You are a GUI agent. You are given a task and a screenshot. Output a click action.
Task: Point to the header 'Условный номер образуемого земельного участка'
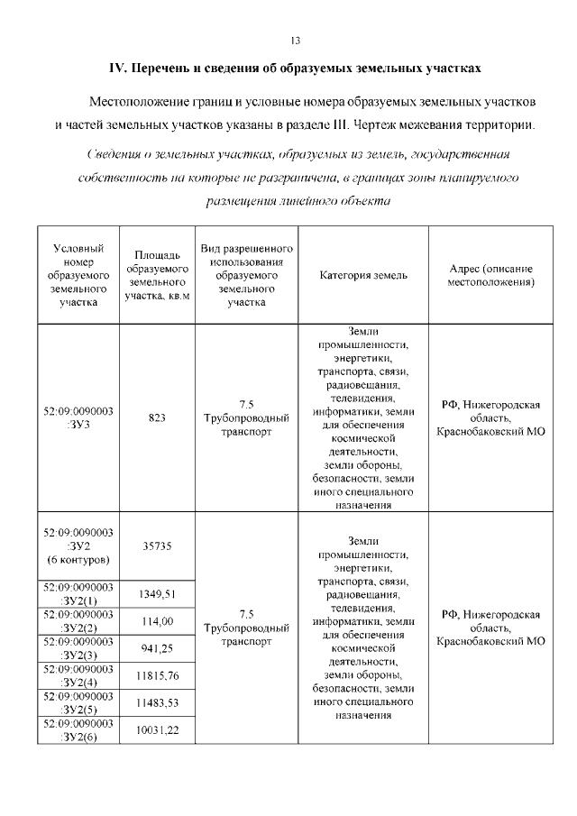click(x=78, y=275)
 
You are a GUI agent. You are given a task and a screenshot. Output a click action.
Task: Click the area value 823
click(x=157, y=417)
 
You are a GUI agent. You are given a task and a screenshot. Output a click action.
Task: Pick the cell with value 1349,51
click(x=157, y=593)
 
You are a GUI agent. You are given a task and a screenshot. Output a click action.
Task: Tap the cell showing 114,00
click(x=157, y=621)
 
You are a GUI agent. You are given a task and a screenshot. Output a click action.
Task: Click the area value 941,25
click(x=157, y=648)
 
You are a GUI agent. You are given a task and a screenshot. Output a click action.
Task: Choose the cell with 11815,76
click(x=157, y=675)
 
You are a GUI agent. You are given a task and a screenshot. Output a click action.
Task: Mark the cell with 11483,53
click(x=157, y=702)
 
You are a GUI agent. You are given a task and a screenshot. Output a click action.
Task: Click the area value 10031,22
click(x=157, y=730)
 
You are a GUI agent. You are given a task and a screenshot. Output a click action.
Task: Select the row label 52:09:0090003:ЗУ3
click(x=78, y=417)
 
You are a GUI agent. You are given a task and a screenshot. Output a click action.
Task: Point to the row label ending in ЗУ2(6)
click(x=78, y=730)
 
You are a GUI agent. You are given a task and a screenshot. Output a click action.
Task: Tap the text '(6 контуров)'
click(x=78, y=559)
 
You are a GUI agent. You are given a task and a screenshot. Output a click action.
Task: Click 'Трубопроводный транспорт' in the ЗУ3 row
click(x=246, y=425)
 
